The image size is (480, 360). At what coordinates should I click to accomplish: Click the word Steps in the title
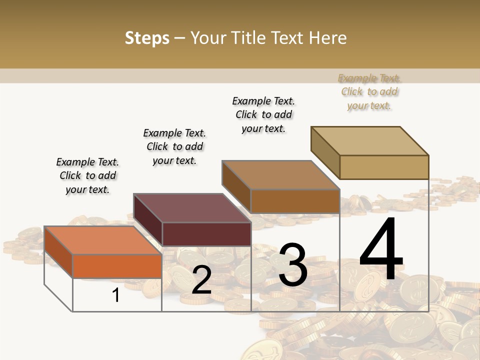[x=147, y=38]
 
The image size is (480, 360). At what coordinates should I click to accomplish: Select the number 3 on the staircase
[x=292, y=265]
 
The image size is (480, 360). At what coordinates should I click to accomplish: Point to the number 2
[x=201, y=280]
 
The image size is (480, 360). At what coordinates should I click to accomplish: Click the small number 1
[x=116, y=295]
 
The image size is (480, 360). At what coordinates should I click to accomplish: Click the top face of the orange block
[x=102, y=240]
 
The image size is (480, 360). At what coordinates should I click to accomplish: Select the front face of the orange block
[x=117, y=266]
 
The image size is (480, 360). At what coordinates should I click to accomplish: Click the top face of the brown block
[x=280, y=175]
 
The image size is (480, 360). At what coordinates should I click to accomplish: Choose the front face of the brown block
[x=295, y=201]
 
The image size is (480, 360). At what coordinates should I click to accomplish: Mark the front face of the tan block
[x=384, y=167]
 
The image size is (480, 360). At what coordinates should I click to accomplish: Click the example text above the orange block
[x=87, y=175]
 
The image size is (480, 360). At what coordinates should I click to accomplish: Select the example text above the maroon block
[x=174, y=146]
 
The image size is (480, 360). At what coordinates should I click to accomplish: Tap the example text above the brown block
[x=263, y=114]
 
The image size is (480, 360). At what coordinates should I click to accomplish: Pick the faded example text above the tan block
[x=369, y=91]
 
